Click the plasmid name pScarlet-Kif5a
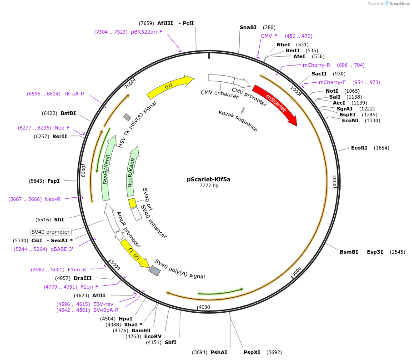(x=209, y=179)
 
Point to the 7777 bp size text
(x=209, y=185)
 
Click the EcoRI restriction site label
(x=359, y=148)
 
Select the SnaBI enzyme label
(x=248, y=27)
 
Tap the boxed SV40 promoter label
(x=51, y=232)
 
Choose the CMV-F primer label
(x=269, y=36)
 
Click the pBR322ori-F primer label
(x=146, y=32)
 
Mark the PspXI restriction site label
(x=252, y=352)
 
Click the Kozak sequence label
(x=238, y=120)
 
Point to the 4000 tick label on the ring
(x=204, y=307)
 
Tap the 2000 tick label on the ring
(x=334, y=181)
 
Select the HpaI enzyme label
(x=126, y=319)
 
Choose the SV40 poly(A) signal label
(x=180, y=269)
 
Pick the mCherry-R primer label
(x=317, y=65)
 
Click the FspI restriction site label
(x=54, y=181)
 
